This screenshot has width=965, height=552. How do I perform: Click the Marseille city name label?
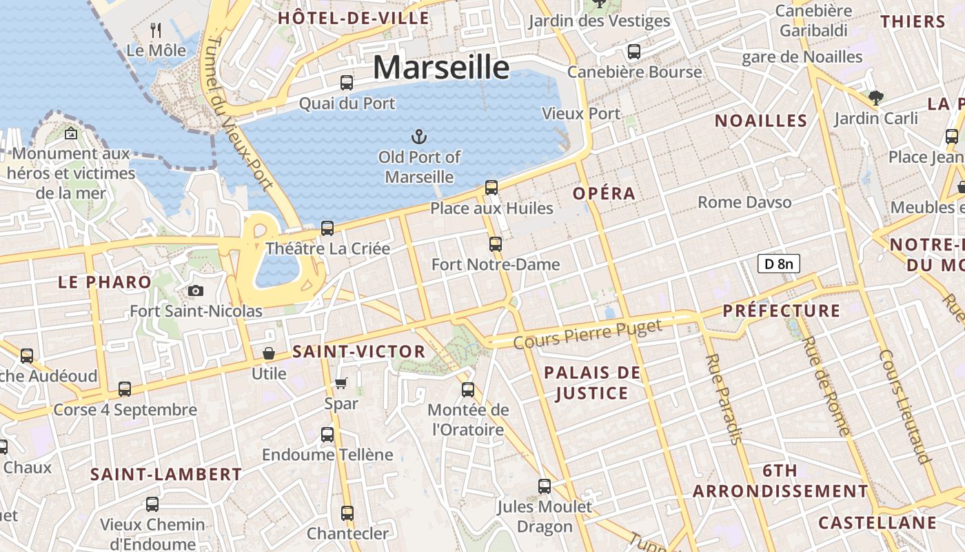click(441, 68)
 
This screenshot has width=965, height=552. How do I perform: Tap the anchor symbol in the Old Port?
click(418, 136)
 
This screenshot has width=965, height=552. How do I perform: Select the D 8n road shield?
click(778, 263)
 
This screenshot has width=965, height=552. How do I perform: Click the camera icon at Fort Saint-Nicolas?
click(196, 290)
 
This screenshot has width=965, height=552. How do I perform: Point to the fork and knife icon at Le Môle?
click(156, 30)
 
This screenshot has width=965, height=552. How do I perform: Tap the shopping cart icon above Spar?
click(341, 382)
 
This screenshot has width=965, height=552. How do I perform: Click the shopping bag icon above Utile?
click(269, 353)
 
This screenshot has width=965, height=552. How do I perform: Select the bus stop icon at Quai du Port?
click(347, 83)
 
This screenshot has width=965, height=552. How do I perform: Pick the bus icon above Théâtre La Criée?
click(327, 228)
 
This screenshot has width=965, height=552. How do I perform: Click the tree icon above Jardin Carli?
click(875, 98)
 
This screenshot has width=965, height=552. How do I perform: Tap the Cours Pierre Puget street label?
click(587, 334)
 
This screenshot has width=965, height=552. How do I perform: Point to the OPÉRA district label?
click(604, 194)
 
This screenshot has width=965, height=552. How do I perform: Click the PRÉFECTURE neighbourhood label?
click(782, 311)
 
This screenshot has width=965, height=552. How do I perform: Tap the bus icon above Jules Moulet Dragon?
click(545, 486)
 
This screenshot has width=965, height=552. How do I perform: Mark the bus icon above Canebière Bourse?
click(633, 51)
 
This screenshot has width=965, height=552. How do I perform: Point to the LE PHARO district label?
click(105, 282)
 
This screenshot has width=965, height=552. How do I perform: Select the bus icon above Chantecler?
click(347, 513)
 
